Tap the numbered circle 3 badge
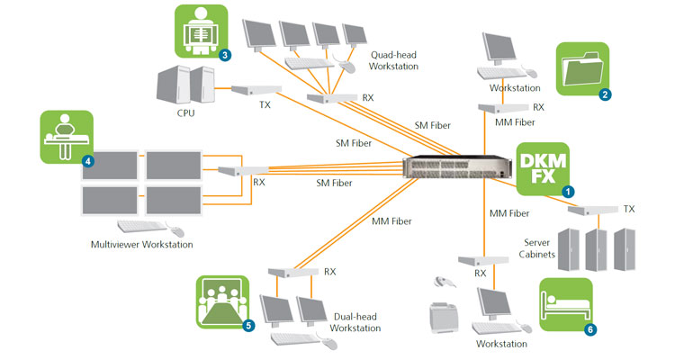(224, 55)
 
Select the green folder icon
(583, 67)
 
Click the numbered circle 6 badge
(590, 329)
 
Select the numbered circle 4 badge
(87, 161)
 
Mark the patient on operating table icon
(67, 136)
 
